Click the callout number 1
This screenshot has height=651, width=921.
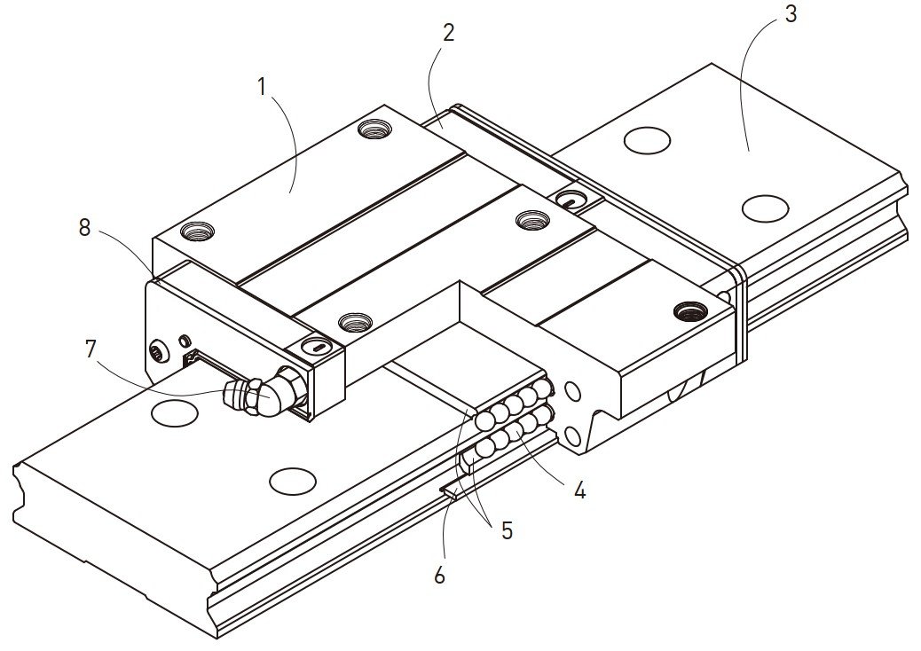coord(262,87)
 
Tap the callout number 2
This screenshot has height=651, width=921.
coord(448,34)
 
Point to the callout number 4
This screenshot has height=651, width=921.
coord(579,490)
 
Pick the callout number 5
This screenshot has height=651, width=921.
coord(507,530)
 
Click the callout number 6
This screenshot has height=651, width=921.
coord(439,576)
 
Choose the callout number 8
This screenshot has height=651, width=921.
coord(84,227)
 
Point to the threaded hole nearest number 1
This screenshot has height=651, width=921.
coord(371,129)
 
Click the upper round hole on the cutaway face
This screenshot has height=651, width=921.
coord(572,391)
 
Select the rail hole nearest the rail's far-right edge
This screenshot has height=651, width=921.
coord(764,208)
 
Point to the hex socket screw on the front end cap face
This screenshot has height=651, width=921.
coord(159,353)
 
